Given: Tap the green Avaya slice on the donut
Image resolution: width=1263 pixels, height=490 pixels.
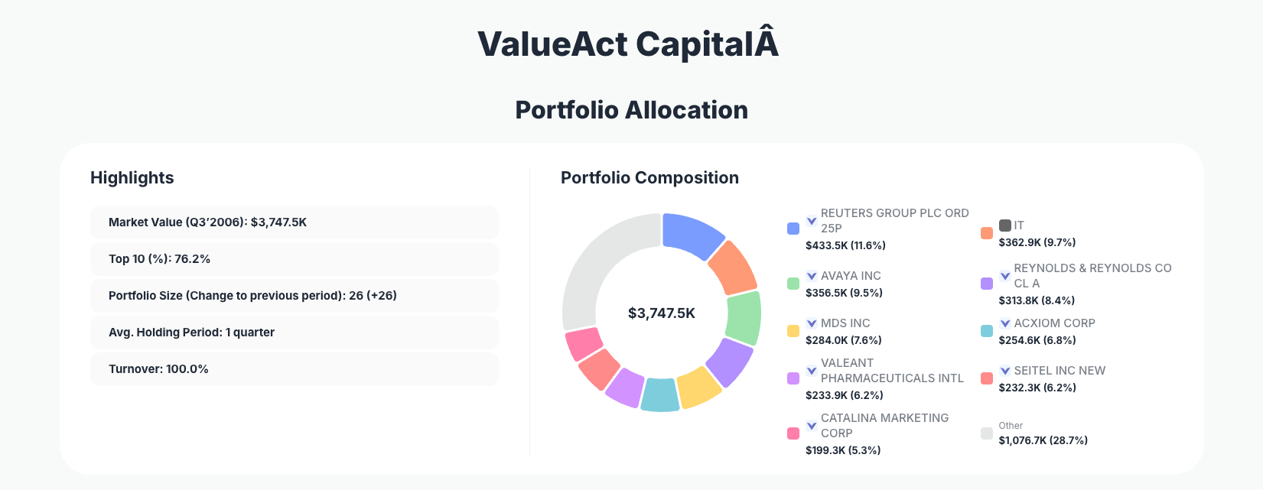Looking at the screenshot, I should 743,318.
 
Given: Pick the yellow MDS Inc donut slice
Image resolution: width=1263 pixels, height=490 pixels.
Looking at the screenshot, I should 698,387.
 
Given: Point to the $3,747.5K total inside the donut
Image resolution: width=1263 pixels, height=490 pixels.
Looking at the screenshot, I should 661,313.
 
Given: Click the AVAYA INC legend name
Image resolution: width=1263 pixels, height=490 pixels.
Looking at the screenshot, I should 851,276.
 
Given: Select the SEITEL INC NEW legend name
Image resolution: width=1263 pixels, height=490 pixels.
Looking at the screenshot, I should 1060,371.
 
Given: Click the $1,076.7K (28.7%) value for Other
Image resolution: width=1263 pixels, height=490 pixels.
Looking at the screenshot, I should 1043,440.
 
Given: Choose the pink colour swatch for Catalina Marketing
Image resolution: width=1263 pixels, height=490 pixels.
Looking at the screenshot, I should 793,433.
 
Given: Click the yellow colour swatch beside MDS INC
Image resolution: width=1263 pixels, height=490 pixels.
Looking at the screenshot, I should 793,331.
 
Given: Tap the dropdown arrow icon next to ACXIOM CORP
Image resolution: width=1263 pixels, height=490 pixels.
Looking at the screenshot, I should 1005,323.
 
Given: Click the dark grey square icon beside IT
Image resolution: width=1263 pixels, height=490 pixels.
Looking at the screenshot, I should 1005,226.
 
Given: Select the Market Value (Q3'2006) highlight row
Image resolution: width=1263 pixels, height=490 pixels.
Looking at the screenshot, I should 294,222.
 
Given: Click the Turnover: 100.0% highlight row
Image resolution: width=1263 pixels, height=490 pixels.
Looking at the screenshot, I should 294,369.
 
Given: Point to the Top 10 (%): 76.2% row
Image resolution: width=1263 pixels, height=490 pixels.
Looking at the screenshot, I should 294,259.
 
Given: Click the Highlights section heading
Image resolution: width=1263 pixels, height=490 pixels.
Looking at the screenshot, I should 132,178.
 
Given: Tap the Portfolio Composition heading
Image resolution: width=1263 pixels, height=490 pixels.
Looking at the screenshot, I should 649,178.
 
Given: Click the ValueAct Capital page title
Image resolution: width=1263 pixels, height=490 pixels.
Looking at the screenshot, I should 628,44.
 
